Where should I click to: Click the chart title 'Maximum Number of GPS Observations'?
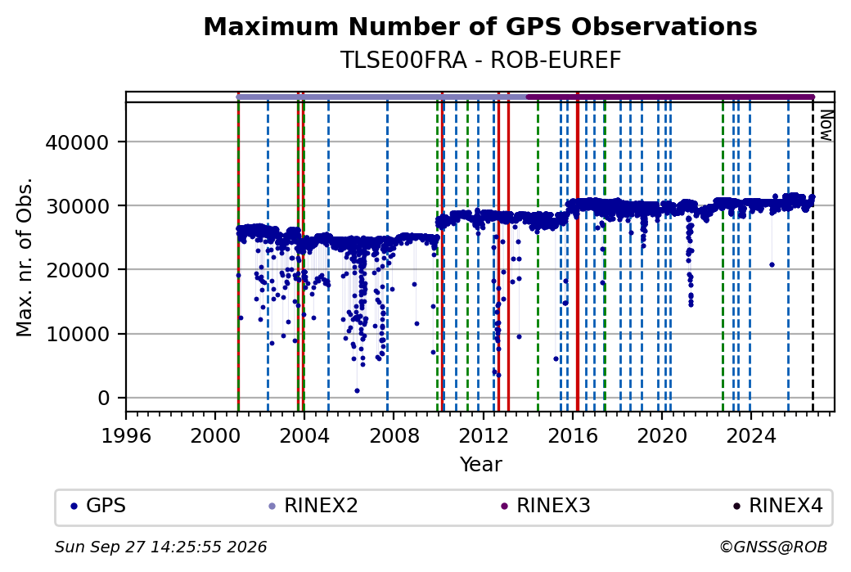point(480,26)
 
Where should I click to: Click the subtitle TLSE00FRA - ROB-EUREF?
point(480,61)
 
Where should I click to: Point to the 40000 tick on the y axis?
point(78,142)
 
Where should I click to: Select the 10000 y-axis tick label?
point(78,335)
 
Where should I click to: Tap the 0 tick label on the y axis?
point(104,399)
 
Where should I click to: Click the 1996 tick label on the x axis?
point(126,435)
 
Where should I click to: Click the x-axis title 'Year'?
point(481,465)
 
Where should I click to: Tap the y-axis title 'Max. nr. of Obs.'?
point(25,257)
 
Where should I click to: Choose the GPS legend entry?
point(99,506)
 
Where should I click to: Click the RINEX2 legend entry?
point(313,506)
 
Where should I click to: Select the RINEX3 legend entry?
point(546,506)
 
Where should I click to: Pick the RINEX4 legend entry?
point(778,506)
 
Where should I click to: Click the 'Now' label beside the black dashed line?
point(826,125)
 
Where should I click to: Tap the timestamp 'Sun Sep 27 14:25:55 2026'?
point(160,547)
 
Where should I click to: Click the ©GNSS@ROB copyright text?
point(773,547)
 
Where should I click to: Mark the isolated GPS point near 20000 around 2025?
point(772,265)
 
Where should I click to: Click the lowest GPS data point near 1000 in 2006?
point(357,390)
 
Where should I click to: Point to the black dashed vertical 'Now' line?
point(813,257)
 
